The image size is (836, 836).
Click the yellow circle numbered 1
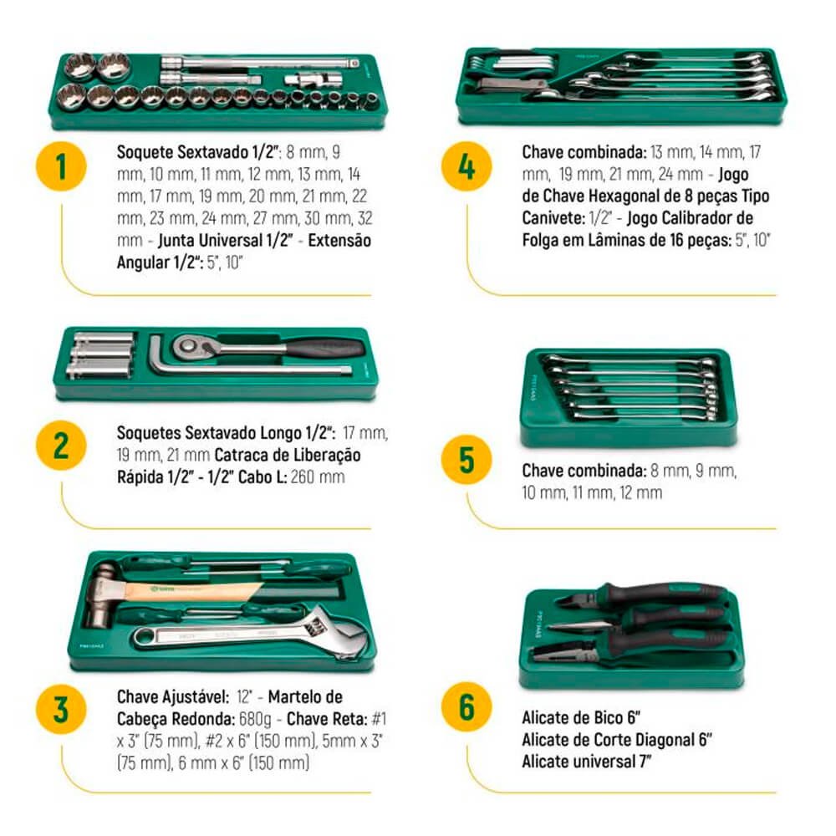point(61,166)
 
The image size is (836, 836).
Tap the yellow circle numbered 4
point(466,166)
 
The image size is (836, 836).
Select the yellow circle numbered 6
point(466,707)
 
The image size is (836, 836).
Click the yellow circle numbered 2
point(61,446)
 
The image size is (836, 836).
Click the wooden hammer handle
point(192,591)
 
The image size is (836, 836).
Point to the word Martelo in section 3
point(305,697)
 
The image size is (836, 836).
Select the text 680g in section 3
point(255,719)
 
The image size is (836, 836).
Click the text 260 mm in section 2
point(318,477)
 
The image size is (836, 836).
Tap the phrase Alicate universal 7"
point(587,762)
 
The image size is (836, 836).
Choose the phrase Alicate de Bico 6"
point(581,717)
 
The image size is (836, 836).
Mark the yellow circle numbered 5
point(466,460)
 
